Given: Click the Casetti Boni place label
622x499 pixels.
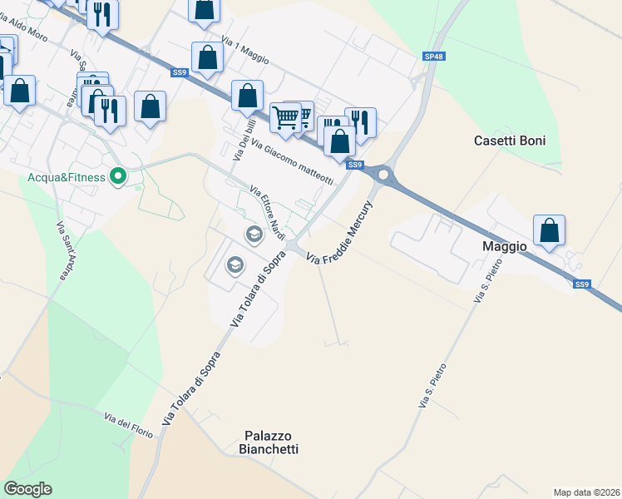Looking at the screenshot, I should pos(510,141).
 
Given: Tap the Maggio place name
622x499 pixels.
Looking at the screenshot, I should pos(505,246).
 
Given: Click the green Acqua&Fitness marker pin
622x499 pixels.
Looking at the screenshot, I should pos(118,176).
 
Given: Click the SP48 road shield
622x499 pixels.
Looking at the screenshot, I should pos(433,56).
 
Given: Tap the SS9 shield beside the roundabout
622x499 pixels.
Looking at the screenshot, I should pos(355,165).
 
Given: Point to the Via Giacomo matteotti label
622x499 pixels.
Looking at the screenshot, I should pos(292,162).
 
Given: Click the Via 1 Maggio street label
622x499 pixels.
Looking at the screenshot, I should pos(248,50).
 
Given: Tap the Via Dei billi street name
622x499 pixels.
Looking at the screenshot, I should pos(240,139).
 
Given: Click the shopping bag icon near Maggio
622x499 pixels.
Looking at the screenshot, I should pos(550,230).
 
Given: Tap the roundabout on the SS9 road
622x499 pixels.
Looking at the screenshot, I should pos(383,175).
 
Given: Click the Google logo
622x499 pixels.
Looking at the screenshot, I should pos(27,489).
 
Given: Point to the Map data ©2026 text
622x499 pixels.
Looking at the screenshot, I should pos(585,492).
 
